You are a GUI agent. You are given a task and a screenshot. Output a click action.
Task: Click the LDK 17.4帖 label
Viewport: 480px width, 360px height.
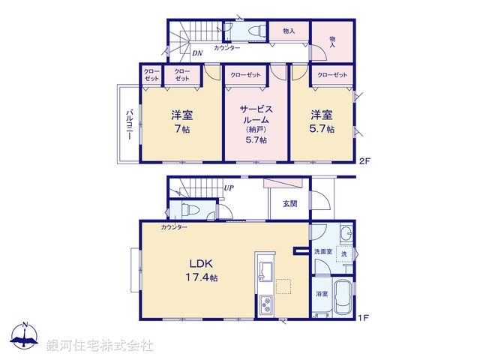[x=202, y=271]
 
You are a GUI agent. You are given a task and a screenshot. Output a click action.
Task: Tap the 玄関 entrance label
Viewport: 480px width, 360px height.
[x=290, y=203]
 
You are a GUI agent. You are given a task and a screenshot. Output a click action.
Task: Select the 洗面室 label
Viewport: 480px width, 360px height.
[x=323, y=251]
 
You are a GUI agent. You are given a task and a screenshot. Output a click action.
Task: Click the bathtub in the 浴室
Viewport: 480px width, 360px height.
[x=343, y=298]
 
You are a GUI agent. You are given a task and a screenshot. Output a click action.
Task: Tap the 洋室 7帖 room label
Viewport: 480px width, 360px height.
[x=180, y=122]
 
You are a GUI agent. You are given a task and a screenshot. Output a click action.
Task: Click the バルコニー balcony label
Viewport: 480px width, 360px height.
[x=128, y=123]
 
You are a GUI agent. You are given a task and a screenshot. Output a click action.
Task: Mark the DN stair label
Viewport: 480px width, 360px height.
[x=197, y=53]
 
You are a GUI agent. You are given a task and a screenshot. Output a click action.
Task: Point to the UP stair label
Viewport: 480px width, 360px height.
[x=229, y=188]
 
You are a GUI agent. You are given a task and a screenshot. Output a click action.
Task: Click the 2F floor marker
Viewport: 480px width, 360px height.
[x=364, y=160]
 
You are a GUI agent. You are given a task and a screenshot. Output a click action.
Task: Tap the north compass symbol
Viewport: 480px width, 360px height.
[x=25, y=336]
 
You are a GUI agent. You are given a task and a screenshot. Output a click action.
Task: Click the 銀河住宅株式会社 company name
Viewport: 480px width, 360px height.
[x=99, y=345]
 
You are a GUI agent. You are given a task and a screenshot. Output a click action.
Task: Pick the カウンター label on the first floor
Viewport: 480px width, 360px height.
[x=174, y=226]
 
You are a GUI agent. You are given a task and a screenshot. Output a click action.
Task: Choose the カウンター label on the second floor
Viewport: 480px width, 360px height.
[x=226, y=48]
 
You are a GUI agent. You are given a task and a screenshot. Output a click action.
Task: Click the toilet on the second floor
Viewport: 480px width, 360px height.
[x=253, y=31]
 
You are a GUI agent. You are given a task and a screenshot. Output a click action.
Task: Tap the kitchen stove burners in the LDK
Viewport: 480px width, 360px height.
[x=265, y=305]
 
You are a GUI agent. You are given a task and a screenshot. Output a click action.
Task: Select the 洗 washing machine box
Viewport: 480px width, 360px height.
[x=344, y=254]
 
